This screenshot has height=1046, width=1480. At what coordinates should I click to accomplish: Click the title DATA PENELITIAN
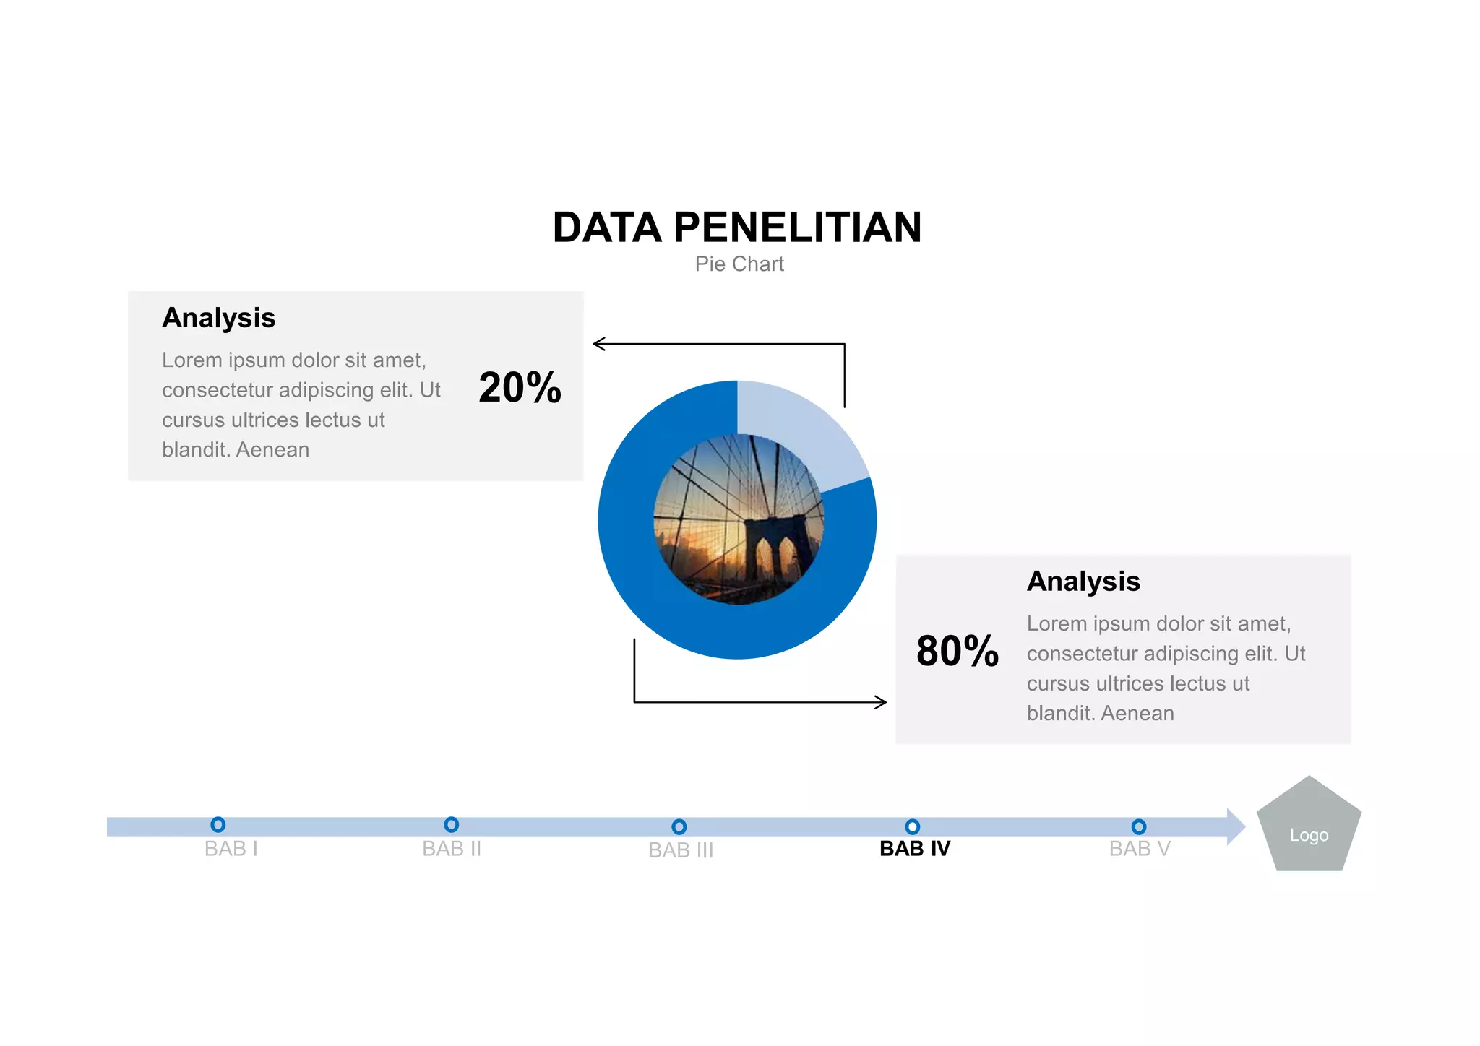[737, 228]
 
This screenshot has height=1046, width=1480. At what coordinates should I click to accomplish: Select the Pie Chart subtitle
[739, 264]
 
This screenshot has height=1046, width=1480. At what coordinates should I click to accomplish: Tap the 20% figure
[520, 387]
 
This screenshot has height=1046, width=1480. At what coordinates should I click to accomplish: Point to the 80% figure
[958, 651]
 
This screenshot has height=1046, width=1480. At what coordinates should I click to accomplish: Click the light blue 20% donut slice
[802, 426]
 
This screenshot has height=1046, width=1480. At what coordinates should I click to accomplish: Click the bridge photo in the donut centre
[738, 519]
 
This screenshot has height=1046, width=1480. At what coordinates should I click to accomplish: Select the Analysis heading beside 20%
[218, 318]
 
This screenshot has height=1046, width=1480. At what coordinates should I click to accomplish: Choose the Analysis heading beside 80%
[1083, 582]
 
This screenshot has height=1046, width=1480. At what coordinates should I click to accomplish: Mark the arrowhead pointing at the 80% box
[881, 702]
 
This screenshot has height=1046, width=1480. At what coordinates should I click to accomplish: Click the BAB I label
[231, 849]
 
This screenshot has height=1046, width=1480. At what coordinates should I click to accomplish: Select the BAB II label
[452, 849]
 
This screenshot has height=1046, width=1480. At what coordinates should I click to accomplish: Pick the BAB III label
[681, 850]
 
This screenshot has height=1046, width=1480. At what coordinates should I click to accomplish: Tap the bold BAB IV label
[915, 849]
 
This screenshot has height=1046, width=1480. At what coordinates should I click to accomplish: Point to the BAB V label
[1140, 849]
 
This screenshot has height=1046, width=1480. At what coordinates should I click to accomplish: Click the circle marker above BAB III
[679, 826]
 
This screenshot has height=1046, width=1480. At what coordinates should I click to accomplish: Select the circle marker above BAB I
[218, 824]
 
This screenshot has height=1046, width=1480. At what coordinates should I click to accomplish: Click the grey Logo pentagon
[1309, 827]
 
